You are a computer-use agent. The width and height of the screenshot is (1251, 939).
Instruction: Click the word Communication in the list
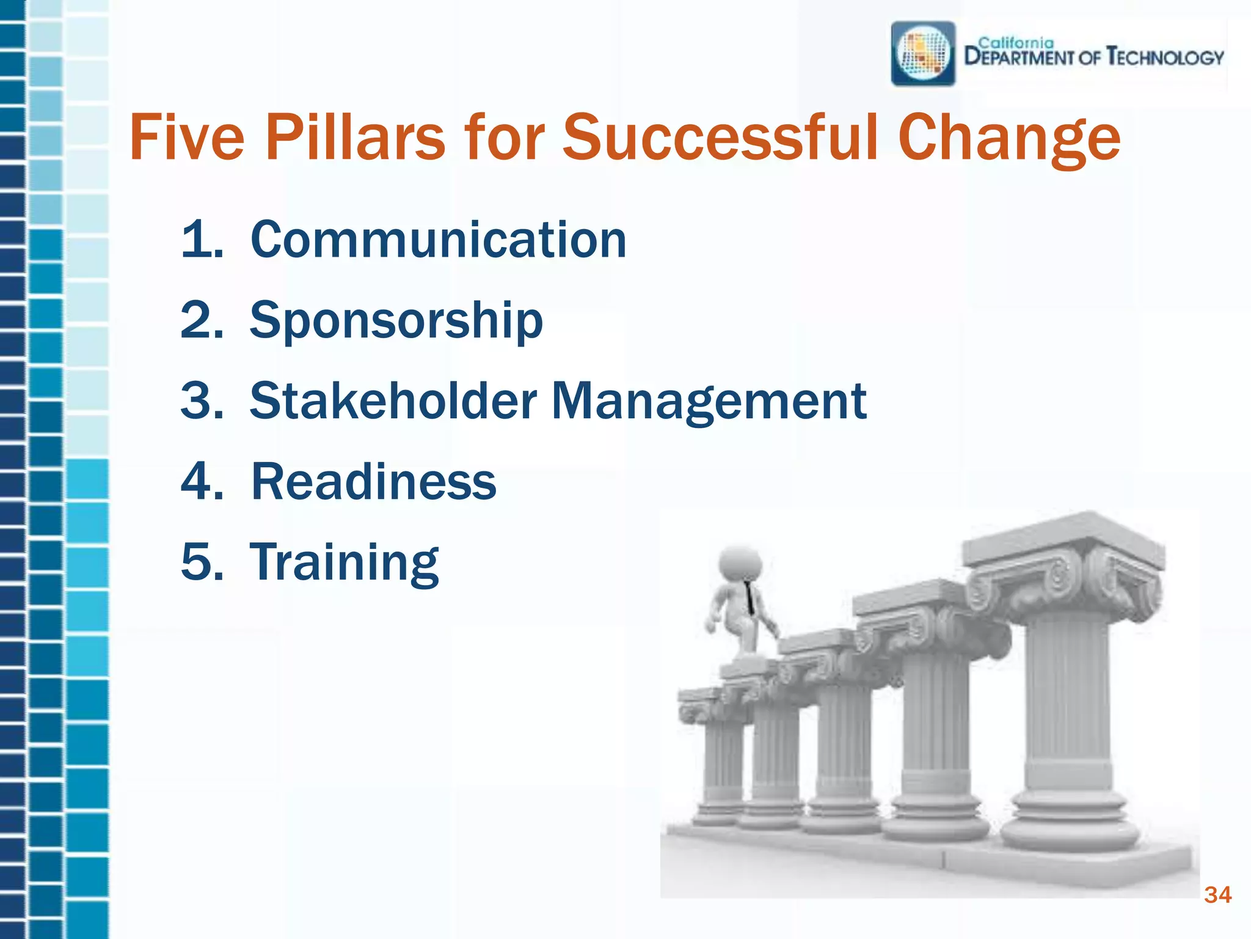pyautogui.click(x=438, y=240)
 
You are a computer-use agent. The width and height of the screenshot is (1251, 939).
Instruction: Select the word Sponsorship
pyautogui.click(x=396, y=321)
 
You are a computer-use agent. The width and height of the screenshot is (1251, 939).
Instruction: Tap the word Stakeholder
pyautogui.click(x=393, y=401)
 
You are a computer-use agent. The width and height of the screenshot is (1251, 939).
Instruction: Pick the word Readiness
pyautogui.click(x=373, y=482)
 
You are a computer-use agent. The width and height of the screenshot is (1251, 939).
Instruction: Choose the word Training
pyautogui.click(x=344, y=562)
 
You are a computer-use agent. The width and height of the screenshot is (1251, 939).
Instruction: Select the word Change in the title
pyautogui.click(x=1008, y=139)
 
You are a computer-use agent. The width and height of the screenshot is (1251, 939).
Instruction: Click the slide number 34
pyautogui.click(x=1217, y=895)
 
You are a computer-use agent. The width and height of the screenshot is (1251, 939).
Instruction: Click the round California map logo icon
pyautogui.click(x=923, y=54)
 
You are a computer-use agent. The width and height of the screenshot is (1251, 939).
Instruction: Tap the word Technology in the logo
pyautogui.click(x=1165, y=57)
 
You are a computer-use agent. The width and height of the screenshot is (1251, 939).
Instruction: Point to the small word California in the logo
pyautogui.click(x=1016, y=43)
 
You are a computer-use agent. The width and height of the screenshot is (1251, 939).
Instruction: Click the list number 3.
pyautogui.click(x=202, y=401)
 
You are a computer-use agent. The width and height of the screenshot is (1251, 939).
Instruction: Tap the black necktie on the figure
pyautogui.click(x=749, y=598)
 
